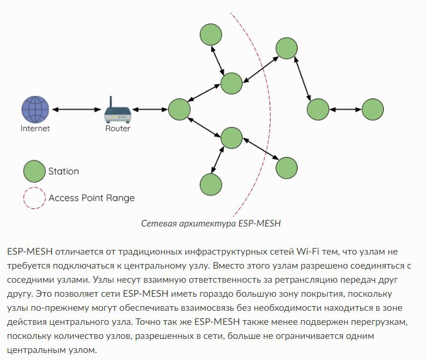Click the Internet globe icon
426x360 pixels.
point(35,109)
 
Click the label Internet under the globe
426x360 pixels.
point(35,128)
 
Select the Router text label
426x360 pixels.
point(118,128)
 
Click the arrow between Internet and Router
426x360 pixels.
point(76,109)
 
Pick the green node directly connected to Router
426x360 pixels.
point(179,109)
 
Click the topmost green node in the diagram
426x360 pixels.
point(210,35)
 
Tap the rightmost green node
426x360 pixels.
point(373,109)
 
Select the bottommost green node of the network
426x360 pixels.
point(210,184)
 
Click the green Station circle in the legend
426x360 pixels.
point(34,172)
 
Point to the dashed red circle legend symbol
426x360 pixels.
point(34,198)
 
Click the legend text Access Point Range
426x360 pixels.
point(91,198)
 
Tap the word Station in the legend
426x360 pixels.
point(63,172)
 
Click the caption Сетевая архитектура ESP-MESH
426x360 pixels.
point(212,224)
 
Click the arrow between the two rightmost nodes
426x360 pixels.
point(345,109)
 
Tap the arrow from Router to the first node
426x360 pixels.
point(148,109)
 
